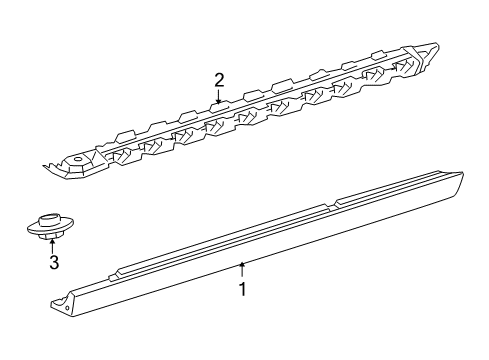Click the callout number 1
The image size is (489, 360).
[243, 289]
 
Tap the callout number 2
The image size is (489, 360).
[219, 80]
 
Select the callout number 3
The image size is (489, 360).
[54, 262]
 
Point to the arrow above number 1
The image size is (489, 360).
[243, 270]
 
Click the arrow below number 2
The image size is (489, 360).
[219, 97]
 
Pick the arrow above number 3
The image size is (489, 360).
[52, 246]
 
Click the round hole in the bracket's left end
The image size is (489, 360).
[78, 159]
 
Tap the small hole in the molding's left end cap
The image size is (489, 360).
[68, 308]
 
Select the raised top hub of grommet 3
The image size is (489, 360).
[49, 220]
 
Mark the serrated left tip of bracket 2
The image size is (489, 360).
[49, 166]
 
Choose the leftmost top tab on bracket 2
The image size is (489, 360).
[126, 136]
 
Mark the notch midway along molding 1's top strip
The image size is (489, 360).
[331, 206]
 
